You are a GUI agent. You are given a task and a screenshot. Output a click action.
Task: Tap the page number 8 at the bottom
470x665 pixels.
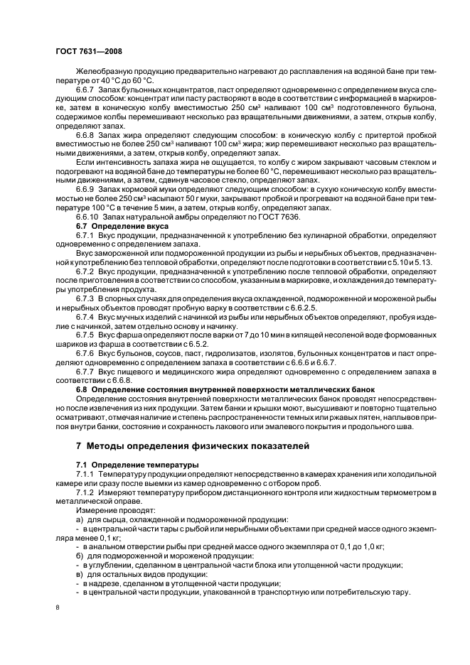[58, 607]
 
